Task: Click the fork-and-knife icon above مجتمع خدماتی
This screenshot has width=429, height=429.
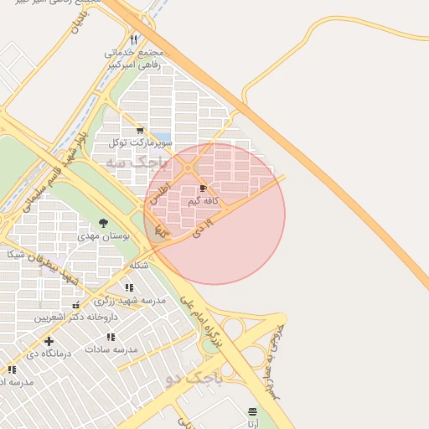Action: tap(133, 39)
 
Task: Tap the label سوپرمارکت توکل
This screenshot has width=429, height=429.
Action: tap(140, 143)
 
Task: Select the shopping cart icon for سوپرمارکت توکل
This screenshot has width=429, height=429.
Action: tap(140, 131)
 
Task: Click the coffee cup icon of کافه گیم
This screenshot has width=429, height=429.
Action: tap(203, 189)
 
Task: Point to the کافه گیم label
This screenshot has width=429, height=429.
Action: tap(204, 201)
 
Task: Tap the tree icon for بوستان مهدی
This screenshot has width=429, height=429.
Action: tap(103, 223)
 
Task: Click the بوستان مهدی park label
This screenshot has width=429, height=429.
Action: tap(101, 236)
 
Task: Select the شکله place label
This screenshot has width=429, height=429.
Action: tap(138, 265)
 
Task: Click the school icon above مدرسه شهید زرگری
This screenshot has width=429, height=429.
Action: tap(128, 287)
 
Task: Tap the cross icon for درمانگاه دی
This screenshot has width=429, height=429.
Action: tap(49, 341)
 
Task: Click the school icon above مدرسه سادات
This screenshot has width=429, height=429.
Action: tap(111, 336)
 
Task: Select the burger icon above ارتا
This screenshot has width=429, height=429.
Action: tap(253, 411)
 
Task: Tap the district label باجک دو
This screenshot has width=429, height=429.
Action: tap(194, 380)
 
